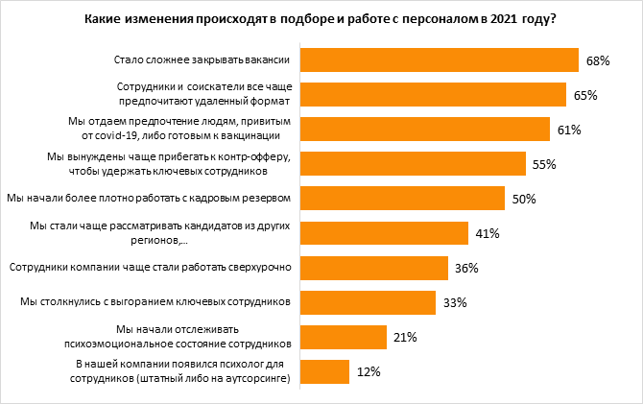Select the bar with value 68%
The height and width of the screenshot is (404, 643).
pos(441,59)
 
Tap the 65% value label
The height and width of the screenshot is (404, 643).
pos(586,95)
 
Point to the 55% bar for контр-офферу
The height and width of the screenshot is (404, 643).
pos(414,163)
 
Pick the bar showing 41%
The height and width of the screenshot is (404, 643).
pos(385,233)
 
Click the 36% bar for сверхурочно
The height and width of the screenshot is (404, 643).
pos(375,268)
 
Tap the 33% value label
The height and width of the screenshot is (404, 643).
pos(454,303)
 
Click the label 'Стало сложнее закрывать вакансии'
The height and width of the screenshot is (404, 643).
pos(202,59)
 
